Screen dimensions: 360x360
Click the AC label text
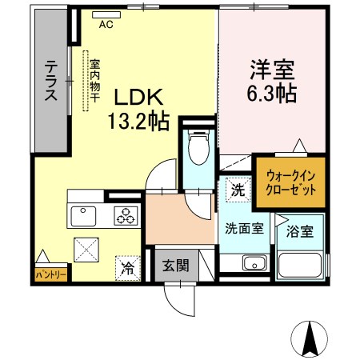(x=106, y=25)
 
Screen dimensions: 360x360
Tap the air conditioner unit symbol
(x=106, y=14)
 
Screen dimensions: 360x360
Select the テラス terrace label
(x=51, y=81)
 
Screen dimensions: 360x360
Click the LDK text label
(x=138, y=97)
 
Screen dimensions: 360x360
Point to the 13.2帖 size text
(x=138, y=122)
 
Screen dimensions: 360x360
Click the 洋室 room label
(x=272, y=70)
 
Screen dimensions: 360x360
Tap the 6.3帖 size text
(x=272, y=94)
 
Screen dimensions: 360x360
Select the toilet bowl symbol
(x=198, y=147)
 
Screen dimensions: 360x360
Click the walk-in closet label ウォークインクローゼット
(x=291, y=183)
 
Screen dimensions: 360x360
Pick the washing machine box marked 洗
(x=238, y=190)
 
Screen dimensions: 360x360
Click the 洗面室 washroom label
(x=244, y=228)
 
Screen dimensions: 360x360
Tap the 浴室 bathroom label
(x=300, y=231)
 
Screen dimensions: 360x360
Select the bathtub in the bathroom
(x=300, y=266)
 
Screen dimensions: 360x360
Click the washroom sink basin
(x=254, y=262)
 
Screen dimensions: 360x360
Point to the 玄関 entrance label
(x=176, y=266)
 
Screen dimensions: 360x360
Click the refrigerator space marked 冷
(x=128, y=268)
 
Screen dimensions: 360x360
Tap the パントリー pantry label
(x=51, y=274)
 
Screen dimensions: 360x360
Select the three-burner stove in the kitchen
(x=126, y=215)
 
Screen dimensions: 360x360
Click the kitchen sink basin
(x=83, y=216)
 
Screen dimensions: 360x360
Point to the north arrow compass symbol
(x=310, y=338)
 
